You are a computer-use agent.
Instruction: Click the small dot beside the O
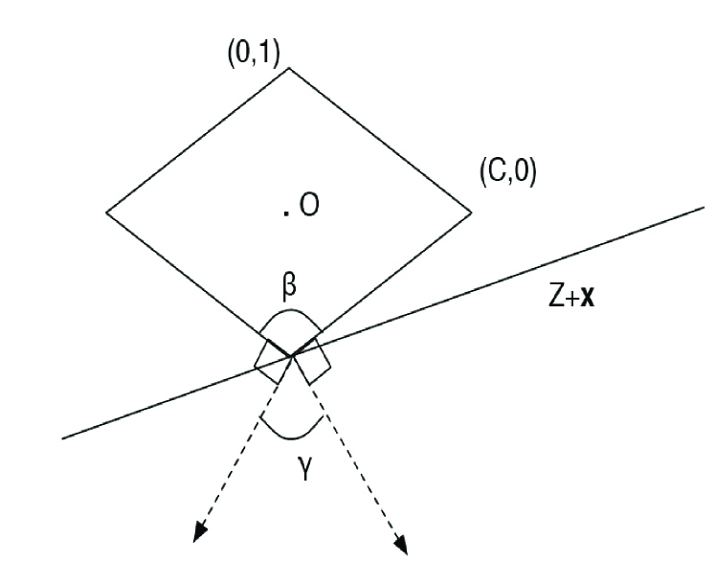click(286, 212)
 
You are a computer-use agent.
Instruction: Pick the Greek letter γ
click(302, 468)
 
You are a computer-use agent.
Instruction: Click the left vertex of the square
click(105, 212)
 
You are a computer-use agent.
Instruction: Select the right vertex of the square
click(472, 212)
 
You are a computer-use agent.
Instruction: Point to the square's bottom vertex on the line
click(289, 356)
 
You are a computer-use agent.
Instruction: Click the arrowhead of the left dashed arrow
click(198, 536)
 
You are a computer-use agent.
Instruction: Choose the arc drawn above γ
click(289, 436)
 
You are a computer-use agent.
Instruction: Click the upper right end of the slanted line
click(704, 206)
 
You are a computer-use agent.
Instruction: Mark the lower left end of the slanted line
click(62, 438)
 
